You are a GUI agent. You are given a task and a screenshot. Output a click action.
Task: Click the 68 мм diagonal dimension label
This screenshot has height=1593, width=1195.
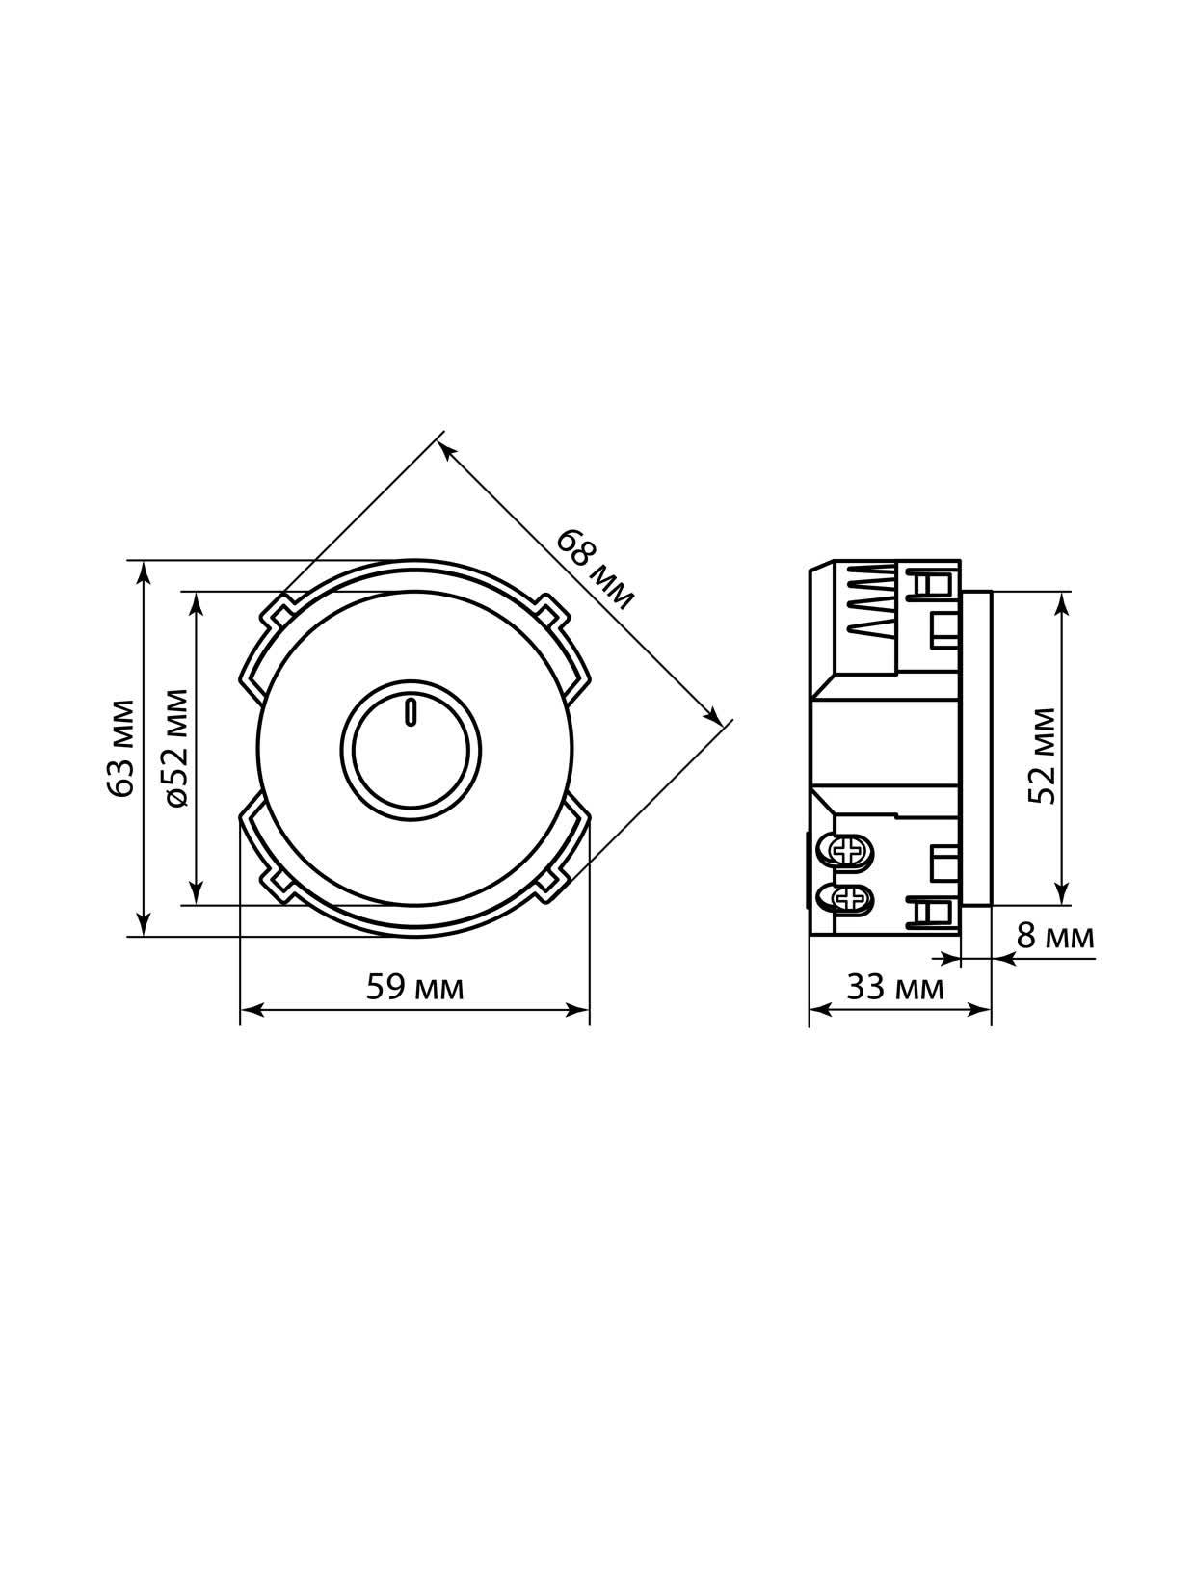click(595, 571)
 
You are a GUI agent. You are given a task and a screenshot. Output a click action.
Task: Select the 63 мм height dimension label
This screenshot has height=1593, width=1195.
click(119, 748)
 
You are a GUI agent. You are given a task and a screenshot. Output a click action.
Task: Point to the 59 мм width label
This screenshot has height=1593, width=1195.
click(414, 988)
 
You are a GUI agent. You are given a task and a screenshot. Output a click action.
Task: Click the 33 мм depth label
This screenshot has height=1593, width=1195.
click(895, 988)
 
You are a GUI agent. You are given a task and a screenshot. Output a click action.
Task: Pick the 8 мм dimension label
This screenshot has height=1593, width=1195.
click(1054, 937)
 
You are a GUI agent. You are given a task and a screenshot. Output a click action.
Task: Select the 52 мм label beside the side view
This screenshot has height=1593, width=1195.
click(1041, 756)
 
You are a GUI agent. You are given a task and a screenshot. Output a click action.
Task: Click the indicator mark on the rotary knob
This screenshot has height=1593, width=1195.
click(411, 712)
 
